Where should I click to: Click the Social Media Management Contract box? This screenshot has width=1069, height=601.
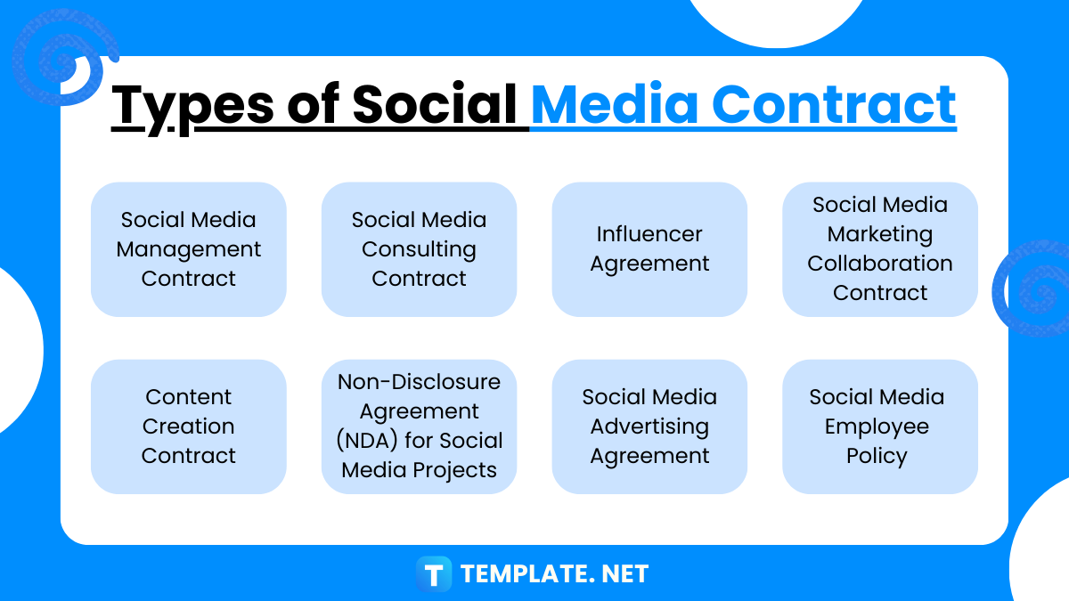click(x=189, y=249)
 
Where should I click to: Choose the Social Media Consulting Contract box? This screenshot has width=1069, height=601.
click(x=419, y=249)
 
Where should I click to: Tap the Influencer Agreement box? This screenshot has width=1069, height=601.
click(x=649, y=249)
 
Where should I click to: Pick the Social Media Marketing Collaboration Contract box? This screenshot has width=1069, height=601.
click(x=880, y=249)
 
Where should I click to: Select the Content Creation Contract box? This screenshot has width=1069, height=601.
click(x=189, y=426)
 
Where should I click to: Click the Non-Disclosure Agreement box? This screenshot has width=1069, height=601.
click(x=419, y=426)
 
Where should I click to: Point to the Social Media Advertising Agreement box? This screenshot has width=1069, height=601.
click(x=649, y=426)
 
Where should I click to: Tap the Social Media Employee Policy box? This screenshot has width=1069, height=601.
click(x=880, y=426)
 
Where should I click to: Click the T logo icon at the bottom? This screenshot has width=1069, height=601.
click(x=435, y=573)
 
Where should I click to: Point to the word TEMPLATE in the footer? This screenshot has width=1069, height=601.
click(x=518, y=574)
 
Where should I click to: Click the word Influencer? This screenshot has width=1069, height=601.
click(x=649, y=234)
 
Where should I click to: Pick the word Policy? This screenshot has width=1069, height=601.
click(x=877, y=456)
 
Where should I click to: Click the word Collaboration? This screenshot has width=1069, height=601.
click(x=880, y=264)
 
